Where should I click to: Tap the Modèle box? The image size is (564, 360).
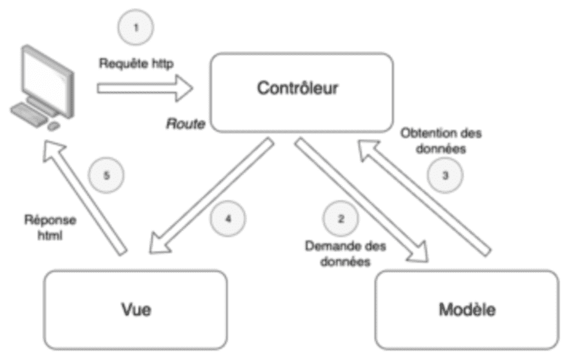(467, 310)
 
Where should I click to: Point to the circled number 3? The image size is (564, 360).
(445, 176)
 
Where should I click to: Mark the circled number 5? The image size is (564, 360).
(107, 176)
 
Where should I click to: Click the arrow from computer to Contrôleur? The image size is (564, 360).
(144, 89)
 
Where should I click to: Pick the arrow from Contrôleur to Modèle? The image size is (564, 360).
(360, 200)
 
